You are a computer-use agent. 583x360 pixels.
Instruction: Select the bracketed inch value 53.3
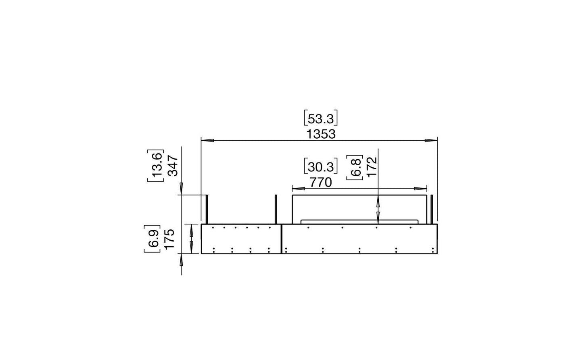pyautogui.click(x=320, y=119)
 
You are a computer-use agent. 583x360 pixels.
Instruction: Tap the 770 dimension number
pyautogui.click(x=320, y=183)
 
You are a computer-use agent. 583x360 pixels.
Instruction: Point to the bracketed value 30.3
pyautogui.click(x=320, y=167)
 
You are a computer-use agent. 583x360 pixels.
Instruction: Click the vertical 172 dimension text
pyautogui.click(x=372, y=167)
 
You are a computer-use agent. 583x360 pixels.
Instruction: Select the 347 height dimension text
pyautogui.click(x=172, y=165)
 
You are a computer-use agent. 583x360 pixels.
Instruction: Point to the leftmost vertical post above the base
pyautogui.click(x=207, y=209)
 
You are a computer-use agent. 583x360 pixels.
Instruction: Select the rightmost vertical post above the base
pyautogui.click(x=432, y=209)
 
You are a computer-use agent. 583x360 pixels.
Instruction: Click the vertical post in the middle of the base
pyautogui.click(x=276, y=209)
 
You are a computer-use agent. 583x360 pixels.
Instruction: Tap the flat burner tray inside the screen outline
pyautogui.click(x=359, y=221)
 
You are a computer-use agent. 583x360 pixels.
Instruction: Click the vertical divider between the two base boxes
pyautogui.click(x=281, y=239)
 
